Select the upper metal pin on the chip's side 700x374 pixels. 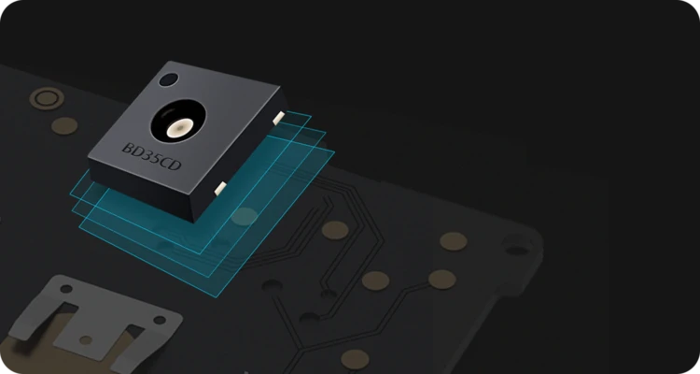[278, 117]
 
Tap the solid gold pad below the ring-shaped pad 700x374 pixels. [63, 124]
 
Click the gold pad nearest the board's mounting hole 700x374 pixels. [454, 241]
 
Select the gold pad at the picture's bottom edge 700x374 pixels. [356, 358]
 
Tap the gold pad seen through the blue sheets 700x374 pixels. [245, 217]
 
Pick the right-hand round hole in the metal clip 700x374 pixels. [159, 320]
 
